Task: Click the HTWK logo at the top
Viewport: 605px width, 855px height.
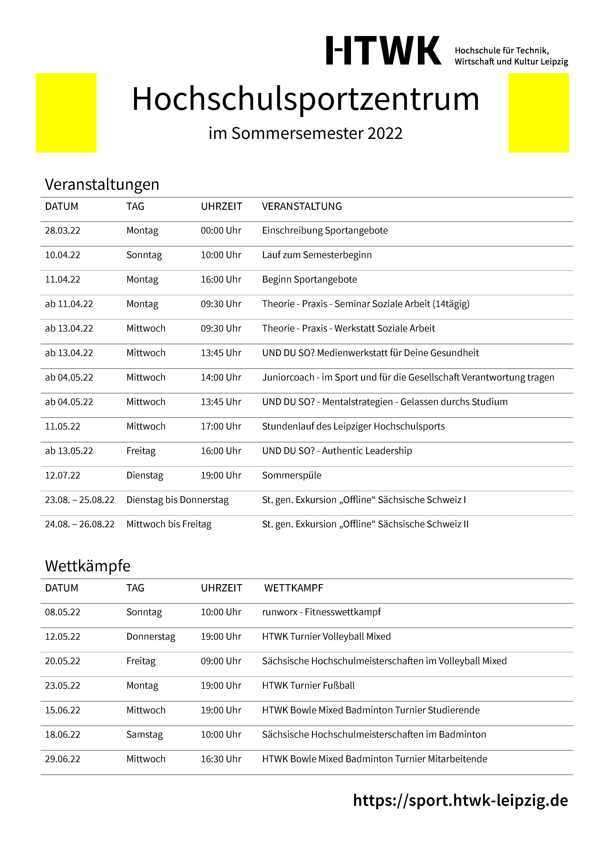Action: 384,51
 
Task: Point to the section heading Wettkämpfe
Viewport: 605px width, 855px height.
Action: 88,566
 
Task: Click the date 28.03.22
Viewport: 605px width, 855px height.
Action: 63,230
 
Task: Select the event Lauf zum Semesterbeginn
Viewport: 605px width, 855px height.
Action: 317,255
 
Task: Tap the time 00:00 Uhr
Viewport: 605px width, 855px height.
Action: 221,230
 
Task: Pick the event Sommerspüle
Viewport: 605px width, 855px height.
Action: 292,476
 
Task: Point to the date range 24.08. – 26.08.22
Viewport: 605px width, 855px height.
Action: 80,524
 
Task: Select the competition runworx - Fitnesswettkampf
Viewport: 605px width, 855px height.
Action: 321,612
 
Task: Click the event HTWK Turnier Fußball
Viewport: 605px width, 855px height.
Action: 308,686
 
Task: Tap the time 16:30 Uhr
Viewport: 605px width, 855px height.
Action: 221,759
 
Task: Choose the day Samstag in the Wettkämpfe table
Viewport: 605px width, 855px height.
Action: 144,735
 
